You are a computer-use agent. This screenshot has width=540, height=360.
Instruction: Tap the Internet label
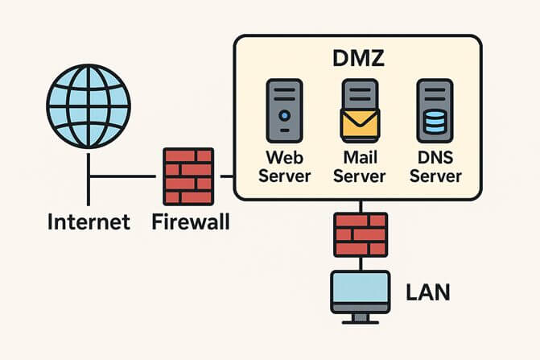[x=89, y=221]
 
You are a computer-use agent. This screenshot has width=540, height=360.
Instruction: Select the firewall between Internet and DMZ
[x=188, y=176]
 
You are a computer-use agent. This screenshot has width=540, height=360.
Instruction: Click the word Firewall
[x=191, y=221]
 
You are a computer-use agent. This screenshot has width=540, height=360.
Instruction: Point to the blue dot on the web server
[x=283, y=116]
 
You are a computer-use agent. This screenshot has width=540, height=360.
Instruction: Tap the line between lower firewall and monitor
[x=361, y=264]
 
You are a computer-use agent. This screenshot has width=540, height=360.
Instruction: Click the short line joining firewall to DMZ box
[x=225, y=176]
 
